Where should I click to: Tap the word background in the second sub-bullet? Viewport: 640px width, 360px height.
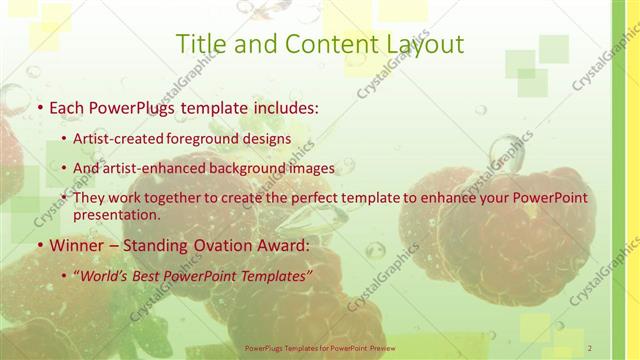(254, 169)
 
